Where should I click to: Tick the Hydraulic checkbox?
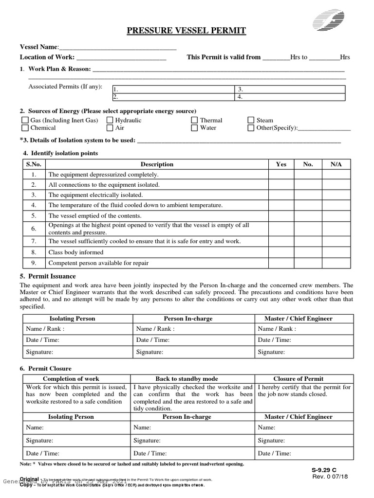(x=110, y=120)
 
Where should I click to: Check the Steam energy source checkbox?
(x=251, y=120)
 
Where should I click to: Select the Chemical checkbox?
(x=25, y=128)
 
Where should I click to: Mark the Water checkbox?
(x=194, y=128)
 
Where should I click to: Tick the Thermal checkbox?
(x=194, y=120)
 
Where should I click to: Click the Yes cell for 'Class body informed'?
(x=281, y=252)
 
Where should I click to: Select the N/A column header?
(x=336, y=164)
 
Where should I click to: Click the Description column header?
(x=157, y=164)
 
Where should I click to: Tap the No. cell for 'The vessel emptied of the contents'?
(x=308, y=215)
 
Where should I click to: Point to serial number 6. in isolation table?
(x=34, y=228)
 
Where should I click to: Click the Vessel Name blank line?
(x=117, y=47)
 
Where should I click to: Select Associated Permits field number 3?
(x=290, y=89)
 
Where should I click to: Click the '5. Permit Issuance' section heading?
(x=48, y=276)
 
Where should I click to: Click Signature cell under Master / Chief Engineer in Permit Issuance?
(x=304, y=352)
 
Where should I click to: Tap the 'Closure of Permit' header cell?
(x=304, y=378)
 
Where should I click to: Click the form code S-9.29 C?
(x=324, y=470)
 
